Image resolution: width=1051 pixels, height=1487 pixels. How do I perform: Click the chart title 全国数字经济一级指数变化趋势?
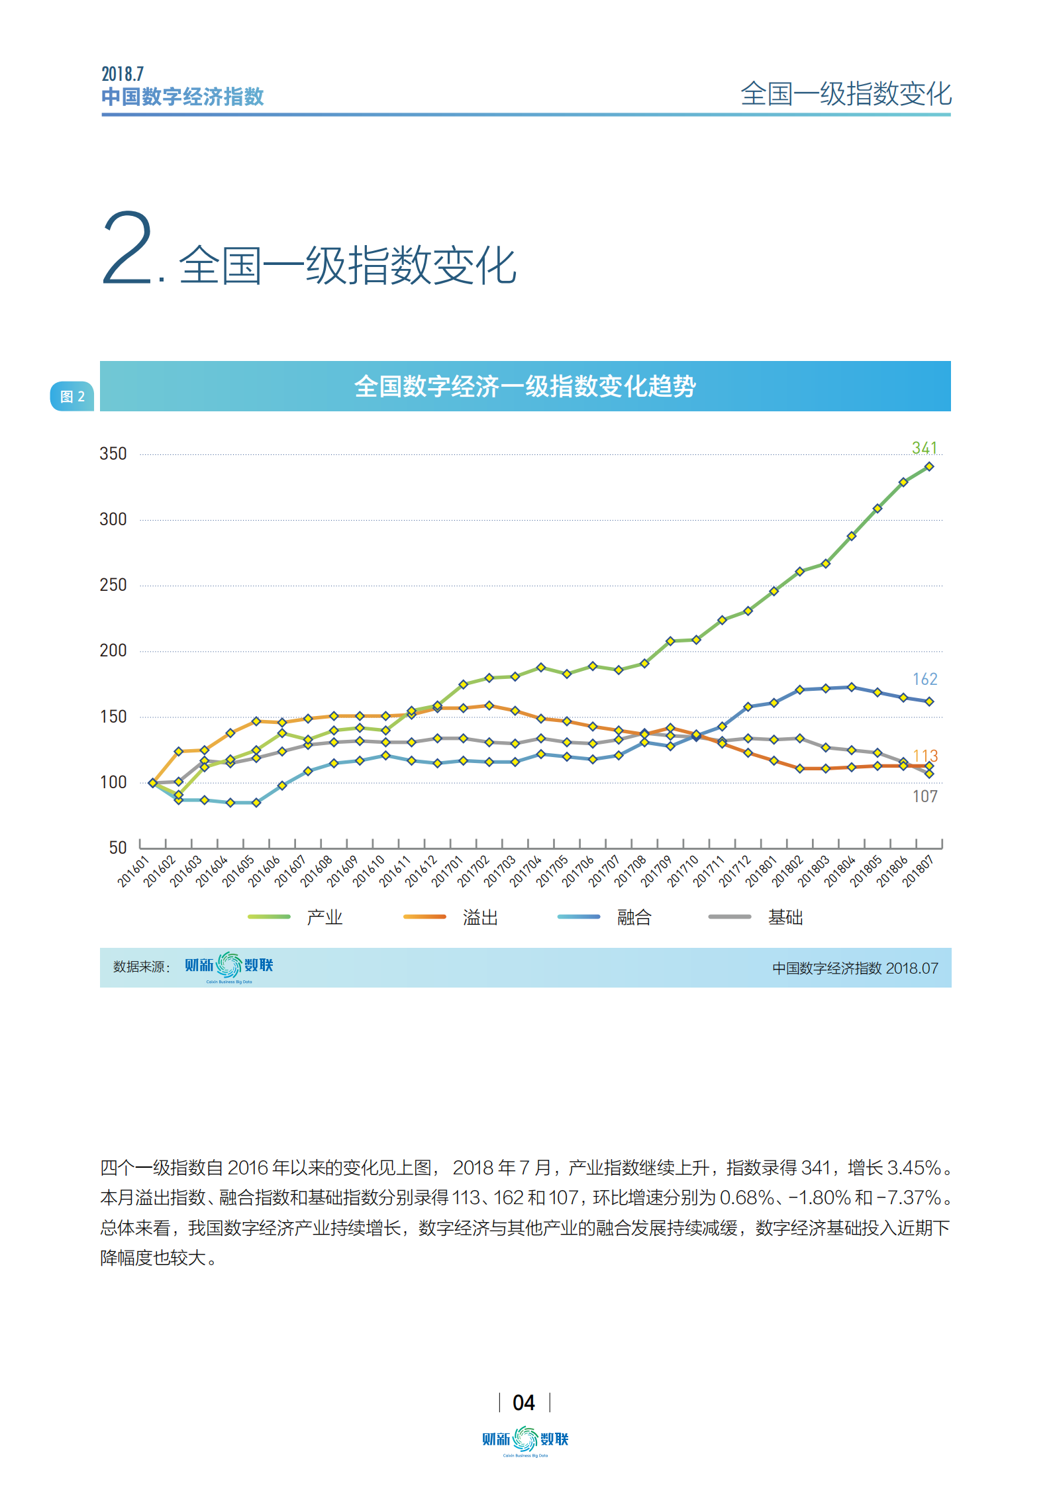(525, 386)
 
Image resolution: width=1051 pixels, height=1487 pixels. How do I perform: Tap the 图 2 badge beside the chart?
(72, 396)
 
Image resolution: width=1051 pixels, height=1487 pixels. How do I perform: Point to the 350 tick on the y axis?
(113, 454)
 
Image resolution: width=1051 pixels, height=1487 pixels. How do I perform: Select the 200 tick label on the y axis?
(113, 650)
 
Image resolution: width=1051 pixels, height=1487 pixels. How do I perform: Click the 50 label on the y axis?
(117, 847)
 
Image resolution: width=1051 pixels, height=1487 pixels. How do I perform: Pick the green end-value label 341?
(924, 448)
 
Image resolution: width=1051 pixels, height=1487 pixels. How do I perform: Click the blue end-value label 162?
(925, 679)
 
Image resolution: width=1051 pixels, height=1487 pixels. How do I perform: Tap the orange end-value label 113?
(925, 756)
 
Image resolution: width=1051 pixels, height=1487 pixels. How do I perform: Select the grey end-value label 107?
(925, 796)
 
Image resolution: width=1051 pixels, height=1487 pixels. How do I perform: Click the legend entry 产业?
(324, 917)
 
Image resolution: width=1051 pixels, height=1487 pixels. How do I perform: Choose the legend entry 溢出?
(480, 917)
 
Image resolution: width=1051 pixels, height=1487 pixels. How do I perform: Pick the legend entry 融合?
(634, 917)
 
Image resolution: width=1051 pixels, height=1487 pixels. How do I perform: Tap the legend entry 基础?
(785, 917)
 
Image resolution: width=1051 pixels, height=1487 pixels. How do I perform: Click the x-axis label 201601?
(132, 872)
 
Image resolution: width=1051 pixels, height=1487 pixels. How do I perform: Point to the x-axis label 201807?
(918, 872)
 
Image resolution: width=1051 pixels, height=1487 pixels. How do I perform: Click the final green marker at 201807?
(929, 466)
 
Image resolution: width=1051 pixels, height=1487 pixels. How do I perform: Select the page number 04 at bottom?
(523, 1402)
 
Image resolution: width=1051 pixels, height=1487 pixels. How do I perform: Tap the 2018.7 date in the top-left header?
(123, 74)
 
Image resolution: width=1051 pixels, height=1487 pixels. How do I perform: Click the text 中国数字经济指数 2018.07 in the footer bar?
(854, 968)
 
